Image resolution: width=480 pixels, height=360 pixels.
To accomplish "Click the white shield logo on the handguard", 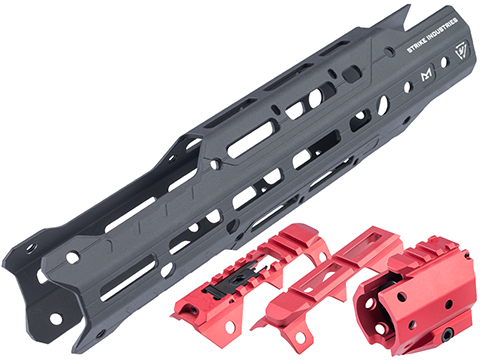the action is click(463, 51).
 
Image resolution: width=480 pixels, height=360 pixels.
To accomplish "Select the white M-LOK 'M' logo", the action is click(426, 74).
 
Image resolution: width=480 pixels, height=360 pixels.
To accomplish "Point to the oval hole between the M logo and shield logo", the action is click(444, 62).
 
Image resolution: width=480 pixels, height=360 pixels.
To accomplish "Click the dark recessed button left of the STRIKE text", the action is click(352, 74).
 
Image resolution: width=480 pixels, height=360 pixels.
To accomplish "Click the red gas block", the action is click(417, 293).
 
